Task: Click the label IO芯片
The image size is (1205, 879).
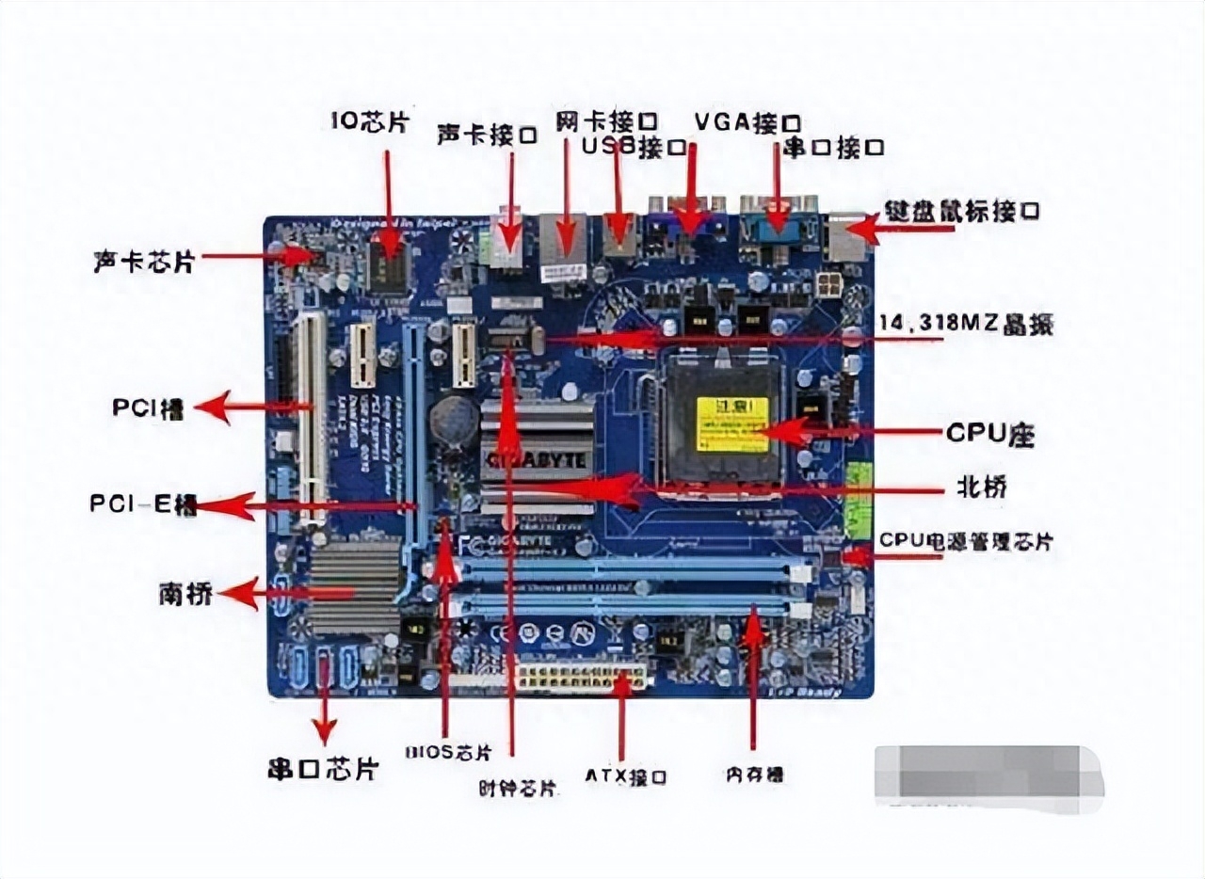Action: (370, 122)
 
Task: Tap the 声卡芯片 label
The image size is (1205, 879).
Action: (144, 261)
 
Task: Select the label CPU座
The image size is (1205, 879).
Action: (989, 434)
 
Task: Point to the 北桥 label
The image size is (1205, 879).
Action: (983, 487)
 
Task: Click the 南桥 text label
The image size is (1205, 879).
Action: (185, 594)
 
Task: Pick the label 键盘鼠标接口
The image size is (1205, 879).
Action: (961, 211)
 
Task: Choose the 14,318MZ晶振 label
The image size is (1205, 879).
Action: (965, 325)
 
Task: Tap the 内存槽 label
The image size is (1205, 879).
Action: (754, 775)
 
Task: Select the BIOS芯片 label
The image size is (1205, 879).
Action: (448, 752)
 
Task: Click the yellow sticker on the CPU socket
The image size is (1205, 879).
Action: (731, 424)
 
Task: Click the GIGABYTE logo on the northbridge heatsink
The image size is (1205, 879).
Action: (537, 461)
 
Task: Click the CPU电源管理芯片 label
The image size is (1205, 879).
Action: (966, 541)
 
